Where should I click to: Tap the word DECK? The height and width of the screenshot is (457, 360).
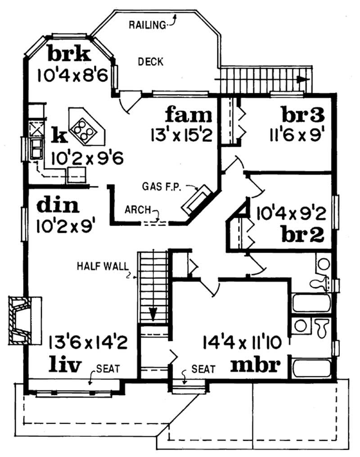click(x=150, y=62)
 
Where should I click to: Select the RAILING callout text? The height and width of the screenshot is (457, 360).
click(x=147, y=25)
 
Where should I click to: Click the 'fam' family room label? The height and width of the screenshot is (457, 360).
click(x=188, y=114)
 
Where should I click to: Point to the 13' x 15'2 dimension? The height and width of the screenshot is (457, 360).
click(x=181, y=134)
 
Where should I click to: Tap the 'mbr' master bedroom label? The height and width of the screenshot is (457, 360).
click(x=256, y=364)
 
